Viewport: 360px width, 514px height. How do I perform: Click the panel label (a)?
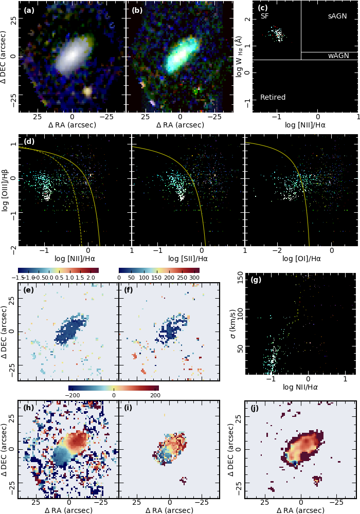29,10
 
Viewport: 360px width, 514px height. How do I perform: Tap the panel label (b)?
137,10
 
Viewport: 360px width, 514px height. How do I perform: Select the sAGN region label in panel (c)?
337,16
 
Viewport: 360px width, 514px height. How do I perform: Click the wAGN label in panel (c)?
338,56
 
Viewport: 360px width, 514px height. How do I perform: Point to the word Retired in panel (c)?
273,97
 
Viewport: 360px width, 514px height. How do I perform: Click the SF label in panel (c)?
264,16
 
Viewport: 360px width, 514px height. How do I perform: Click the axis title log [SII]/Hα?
189,259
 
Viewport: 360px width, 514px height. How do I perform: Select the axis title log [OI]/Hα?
301,259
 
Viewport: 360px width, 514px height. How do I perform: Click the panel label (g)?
256,280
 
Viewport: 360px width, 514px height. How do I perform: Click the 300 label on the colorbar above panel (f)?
194,278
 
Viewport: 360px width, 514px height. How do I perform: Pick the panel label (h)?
29,408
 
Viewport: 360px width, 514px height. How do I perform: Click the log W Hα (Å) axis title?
240,56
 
